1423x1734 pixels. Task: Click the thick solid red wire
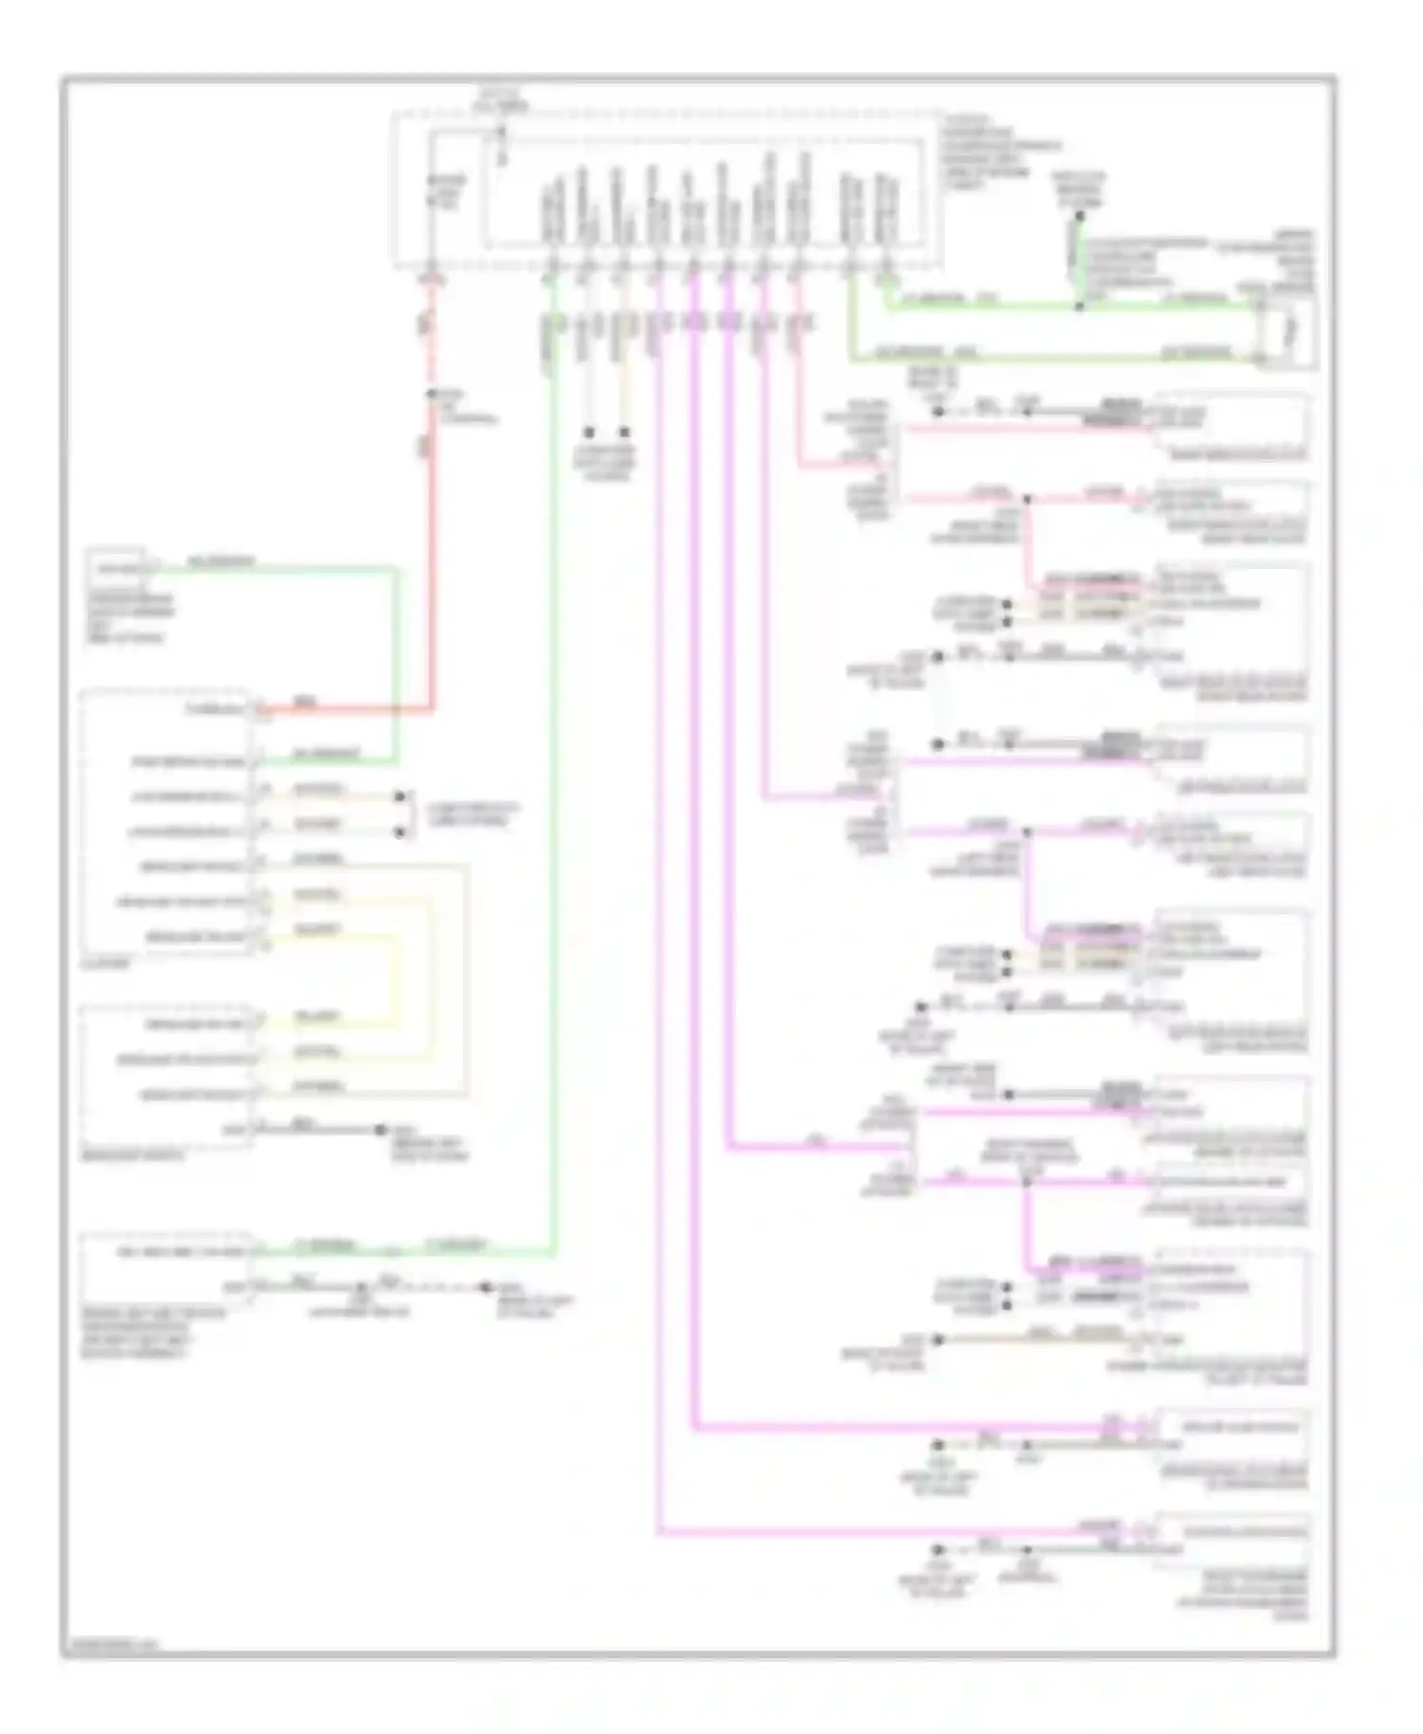pos(432,569)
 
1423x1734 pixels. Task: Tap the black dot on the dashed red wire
pos(431,393)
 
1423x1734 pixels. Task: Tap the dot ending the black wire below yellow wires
pos(380,1130)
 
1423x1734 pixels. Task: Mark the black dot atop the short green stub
pos(1079,216)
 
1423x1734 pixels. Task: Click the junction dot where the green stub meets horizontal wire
pos(1079,305)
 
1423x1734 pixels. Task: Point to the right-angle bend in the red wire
pos(432,707)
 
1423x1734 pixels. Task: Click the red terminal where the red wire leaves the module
pos(432,278)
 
